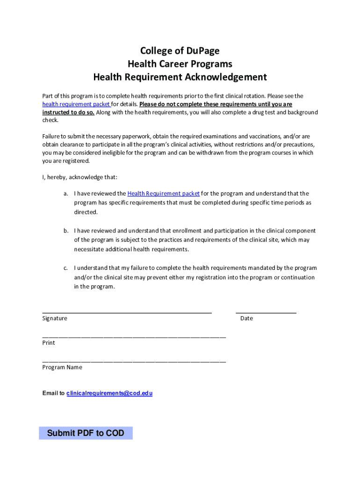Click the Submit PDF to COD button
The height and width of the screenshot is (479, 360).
pos(86,433)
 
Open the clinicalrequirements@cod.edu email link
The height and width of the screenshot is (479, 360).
pos(109,393)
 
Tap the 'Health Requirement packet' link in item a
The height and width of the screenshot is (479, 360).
pos(163,194)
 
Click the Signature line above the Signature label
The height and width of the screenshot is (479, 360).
pos(127,312)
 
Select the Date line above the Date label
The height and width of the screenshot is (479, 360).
pos(266,312)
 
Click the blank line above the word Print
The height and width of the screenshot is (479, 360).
pos(134,337)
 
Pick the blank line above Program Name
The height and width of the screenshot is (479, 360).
pos(134,361)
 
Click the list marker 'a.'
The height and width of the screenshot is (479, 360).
pos(67,194)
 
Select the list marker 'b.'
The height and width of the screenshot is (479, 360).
pos(67,231)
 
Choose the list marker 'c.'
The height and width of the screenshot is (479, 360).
pos(67,269)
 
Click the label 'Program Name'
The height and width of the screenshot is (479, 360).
pos(62,368)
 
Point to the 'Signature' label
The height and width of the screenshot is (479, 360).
pos(55,319)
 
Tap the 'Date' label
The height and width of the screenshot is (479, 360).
pos(246,319)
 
